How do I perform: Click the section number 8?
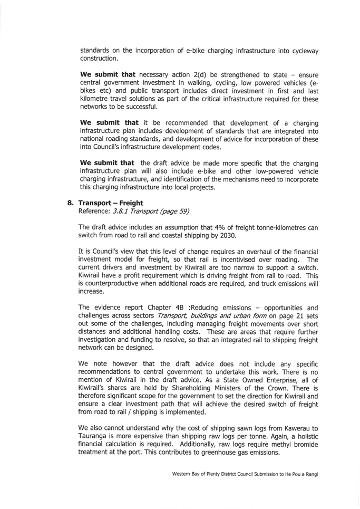[70, 203]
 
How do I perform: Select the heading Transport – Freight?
[111, 203]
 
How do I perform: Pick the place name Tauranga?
[92, 436]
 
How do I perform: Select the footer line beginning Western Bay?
[245, 474]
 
